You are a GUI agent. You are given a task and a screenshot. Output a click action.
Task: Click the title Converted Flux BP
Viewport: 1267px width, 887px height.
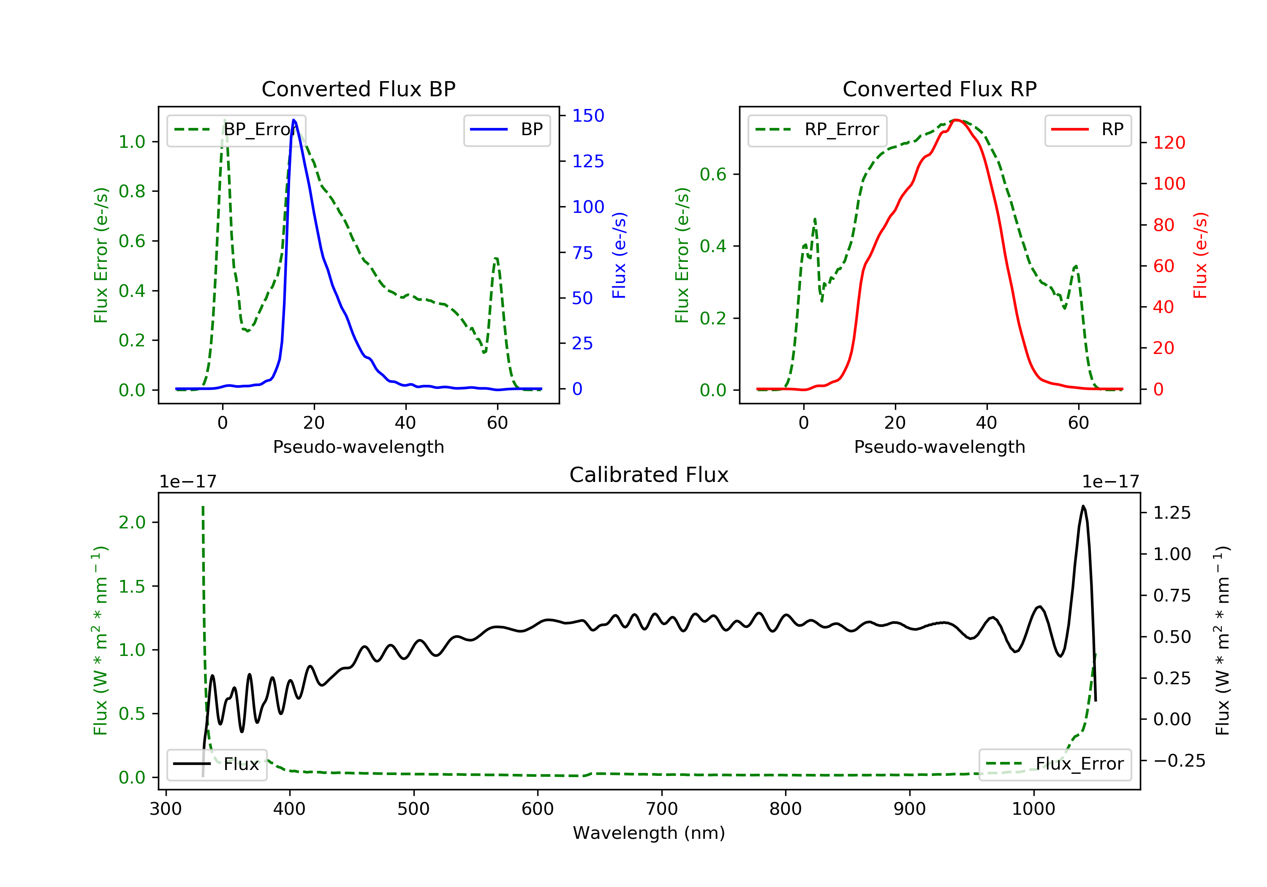[x=358, y=89]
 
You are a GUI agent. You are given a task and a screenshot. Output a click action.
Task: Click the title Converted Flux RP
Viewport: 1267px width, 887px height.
[x=939, y=89]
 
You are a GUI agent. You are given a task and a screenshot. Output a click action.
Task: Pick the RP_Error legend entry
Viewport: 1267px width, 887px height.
[x=817, y=130]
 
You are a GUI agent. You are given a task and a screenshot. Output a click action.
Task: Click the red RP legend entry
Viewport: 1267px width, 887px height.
[x=1088, y=130]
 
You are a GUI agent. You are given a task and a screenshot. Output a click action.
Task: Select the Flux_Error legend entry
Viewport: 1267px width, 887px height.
[x=1055, y=764]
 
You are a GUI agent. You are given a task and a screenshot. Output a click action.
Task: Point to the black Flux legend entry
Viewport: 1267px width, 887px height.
[x=217, y=764]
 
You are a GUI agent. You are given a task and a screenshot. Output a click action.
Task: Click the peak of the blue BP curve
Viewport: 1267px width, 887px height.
[x=294, y=120]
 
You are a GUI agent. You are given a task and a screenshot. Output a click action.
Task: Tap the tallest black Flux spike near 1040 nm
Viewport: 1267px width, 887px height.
[x=1083, y=506]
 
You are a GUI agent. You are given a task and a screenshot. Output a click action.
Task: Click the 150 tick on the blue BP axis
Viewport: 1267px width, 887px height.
[x=588, y=115]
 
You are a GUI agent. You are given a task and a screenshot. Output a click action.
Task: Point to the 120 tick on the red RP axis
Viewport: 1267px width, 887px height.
[x=1169, y=143]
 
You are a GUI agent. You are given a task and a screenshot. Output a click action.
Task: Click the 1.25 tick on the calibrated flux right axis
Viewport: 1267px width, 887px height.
[x=1172, y=513]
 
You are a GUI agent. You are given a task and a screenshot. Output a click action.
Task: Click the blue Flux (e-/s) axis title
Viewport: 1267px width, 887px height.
[x=619, y=255]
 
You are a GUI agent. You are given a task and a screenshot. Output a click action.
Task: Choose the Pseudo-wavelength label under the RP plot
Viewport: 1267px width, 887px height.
[x=939, y=446]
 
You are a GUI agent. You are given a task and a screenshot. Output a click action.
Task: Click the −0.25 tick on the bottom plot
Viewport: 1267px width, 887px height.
[x=1179, y=761]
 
